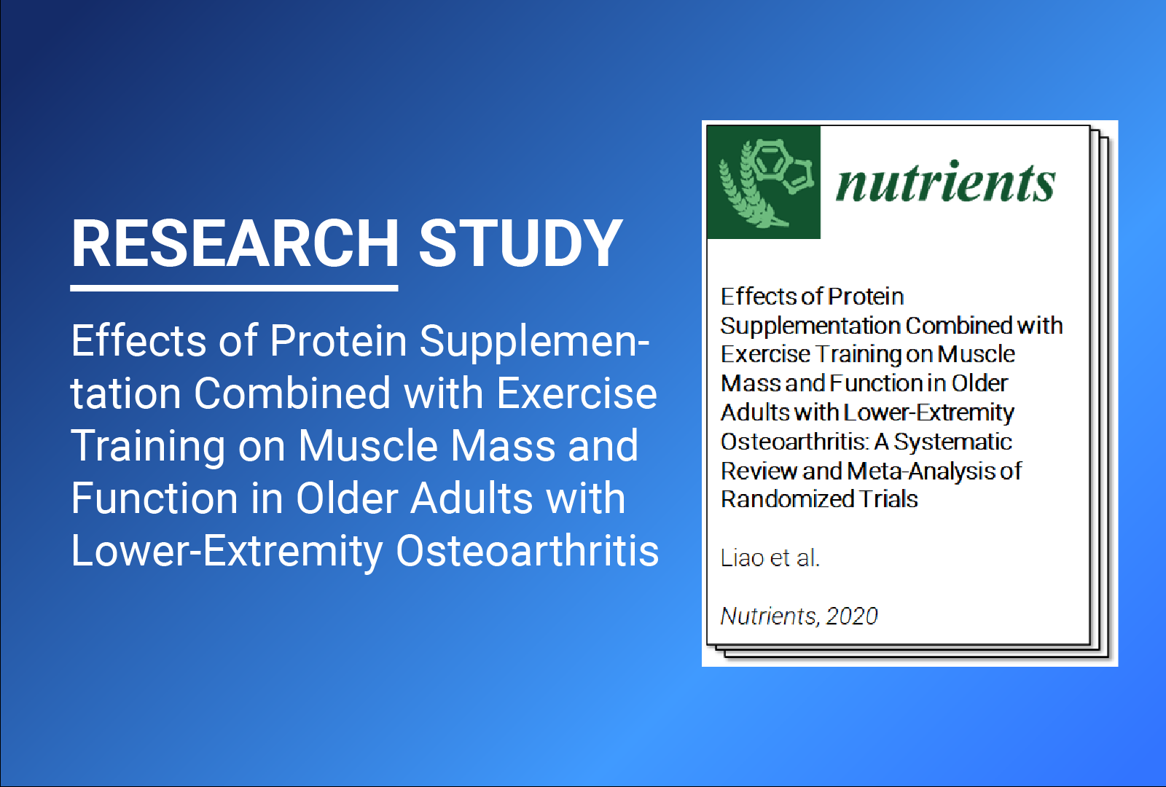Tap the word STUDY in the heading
(520, 243)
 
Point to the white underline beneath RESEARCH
(234, 289)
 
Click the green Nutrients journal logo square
(764, 182)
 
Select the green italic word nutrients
(945, 182)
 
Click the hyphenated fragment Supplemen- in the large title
(534, 341)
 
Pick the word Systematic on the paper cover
(952, 442)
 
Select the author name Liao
(742, 558)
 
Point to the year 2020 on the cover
(852, 616)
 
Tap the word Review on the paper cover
(758, 471)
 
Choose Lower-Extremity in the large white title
(227, 551)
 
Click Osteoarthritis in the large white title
(527, 551)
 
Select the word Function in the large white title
(154, 498)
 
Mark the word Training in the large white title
(148, 446)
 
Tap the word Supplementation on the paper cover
(810, 326)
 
